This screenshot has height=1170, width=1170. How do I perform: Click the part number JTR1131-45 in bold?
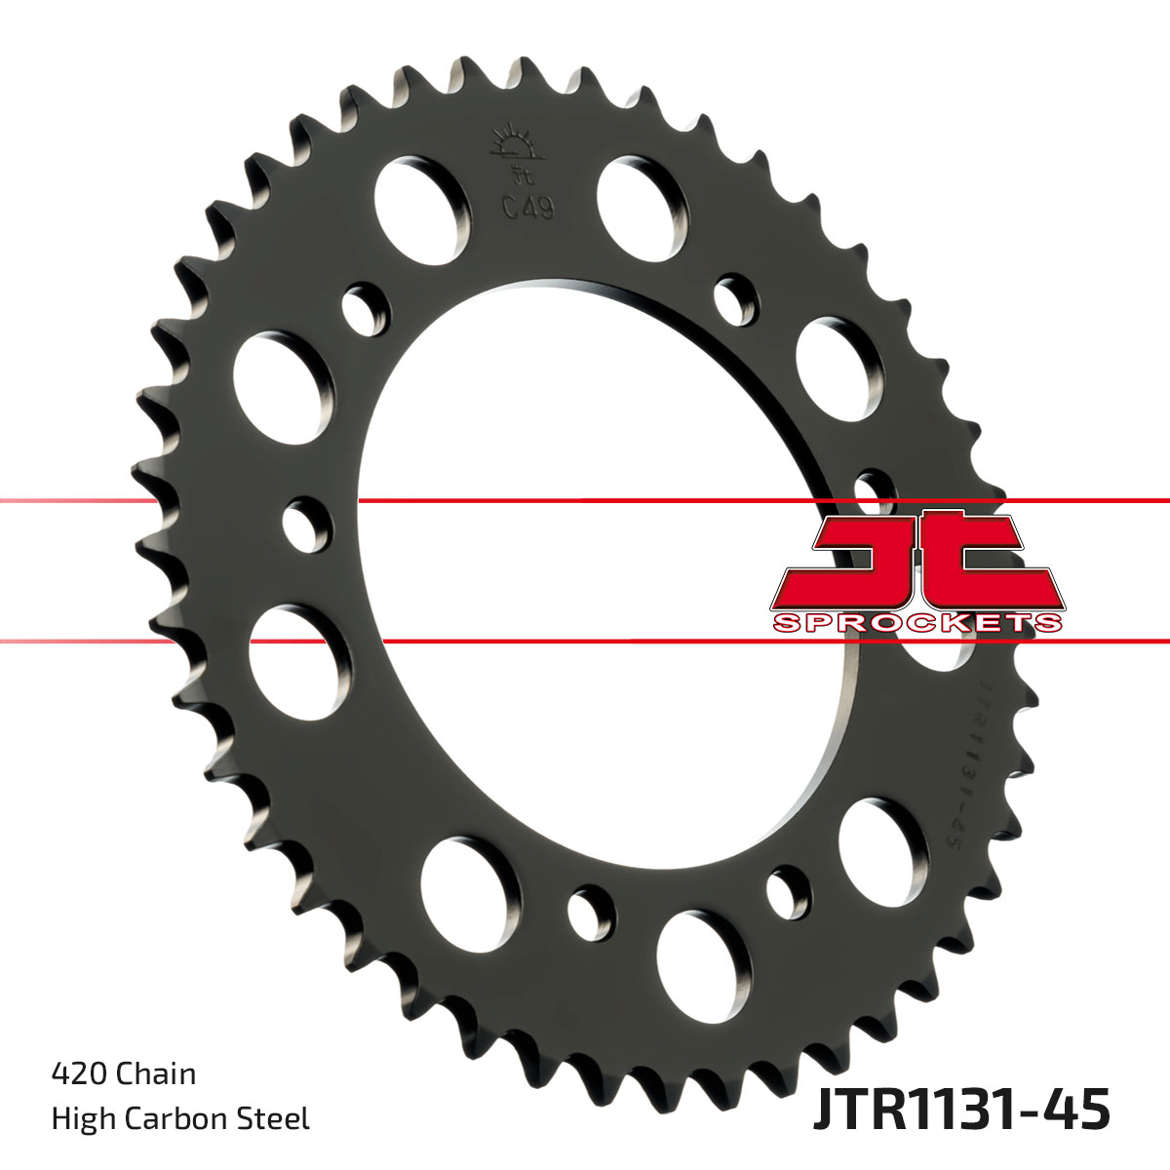coord(960,1111)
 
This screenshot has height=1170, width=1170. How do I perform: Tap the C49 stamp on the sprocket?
coord(527,208)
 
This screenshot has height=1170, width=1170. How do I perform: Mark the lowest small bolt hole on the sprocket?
coord(592,911)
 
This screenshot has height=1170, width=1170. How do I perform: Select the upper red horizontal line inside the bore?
coord(585,500)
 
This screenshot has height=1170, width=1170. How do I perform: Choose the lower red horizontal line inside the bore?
coord(585,642)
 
